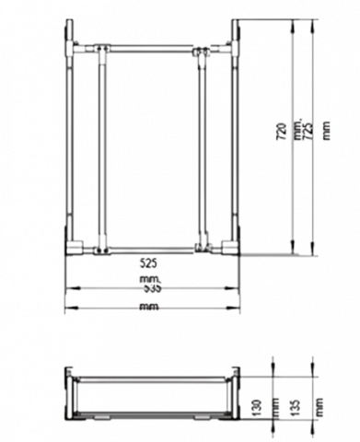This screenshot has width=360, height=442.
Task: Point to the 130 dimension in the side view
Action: click(x=257, y=405)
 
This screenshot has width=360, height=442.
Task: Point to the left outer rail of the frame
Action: click(x=70, y=147)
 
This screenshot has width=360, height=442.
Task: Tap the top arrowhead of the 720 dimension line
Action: click(x=292, y=28)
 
